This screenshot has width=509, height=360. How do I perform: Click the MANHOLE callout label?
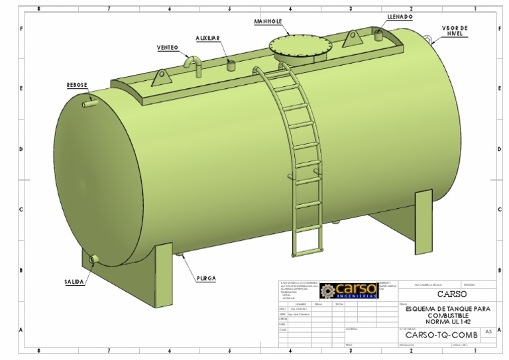268,21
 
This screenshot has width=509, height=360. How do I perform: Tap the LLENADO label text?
400,17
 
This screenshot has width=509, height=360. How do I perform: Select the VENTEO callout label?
167,48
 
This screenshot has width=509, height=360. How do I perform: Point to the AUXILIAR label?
207,38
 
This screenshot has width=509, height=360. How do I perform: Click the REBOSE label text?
77,86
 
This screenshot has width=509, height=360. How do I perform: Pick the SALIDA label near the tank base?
74,282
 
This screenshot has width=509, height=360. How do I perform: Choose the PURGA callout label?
205,278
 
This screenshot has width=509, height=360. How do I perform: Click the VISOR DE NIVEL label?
455,30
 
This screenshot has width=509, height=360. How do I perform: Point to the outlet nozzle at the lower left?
93,259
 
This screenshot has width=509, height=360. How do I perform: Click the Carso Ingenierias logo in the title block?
349,290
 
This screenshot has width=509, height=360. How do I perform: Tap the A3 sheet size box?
488,331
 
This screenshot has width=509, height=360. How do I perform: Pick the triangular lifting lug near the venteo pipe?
160,79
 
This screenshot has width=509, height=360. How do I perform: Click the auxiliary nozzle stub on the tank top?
231,65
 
